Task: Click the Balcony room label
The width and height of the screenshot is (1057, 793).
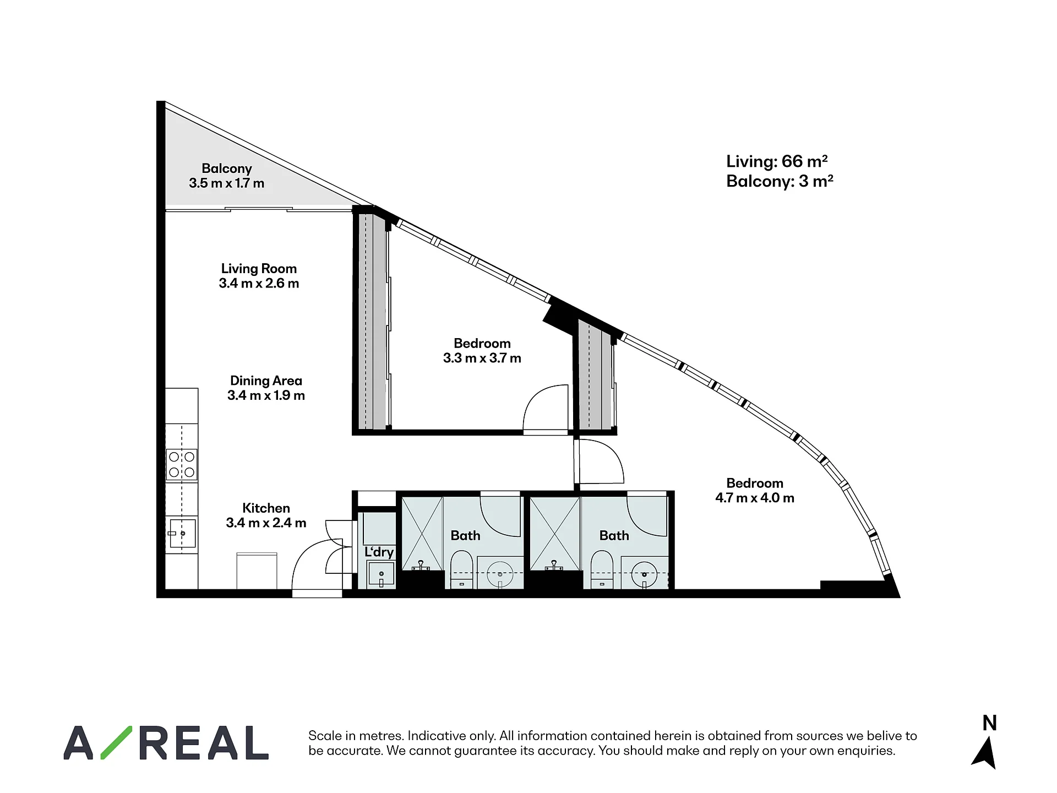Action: click(226, 169)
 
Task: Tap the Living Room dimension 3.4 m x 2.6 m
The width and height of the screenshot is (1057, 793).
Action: click(259, 284)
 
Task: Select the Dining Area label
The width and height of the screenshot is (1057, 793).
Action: click(266, 381)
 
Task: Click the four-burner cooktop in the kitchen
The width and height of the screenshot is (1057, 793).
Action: click(182, 464)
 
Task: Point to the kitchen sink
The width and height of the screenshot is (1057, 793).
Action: click(182, 533)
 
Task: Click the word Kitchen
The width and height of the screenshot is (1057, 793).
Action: click(266, 508)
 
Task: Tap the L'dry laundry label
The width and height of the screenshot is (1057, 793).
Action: click(379, 552)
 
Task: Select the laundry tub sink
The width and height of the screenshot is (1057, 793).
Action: click(381, 574)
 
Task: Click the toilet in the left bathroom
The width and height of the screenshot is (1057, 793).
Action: click(461, 569)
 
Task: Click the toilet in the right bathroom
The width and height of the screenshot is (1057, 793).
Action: click(602, 569)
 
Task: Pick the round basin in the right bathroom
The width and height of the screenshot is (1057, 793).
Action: click(644, 573)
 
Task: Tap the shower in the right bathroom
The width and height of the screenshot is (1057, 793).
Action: click(555, 533)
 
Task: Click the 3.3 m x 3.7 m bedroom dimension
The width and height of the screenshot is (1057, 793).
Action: click(482, 359)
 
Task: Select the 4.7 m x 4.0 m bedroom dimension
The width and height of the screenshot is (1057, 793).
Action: click(755, 498)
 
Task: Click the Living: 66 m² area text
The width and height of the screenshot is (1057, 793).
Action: click(777, 161)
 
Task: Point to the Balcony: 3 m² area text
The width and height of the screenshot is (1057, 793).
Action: click(780, 181)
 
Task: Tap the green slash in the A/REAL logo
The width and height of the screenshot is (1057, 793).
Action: click(116, 742)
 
